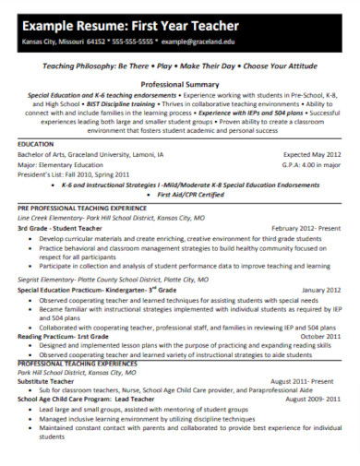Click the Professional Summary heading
[179, 83]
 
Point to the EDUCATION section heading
[36, 144]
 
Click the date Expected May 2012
[312, 155]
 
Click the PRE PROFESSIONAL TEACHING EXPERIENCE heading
[82, 209]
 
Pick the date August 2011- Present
[305, 380]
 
